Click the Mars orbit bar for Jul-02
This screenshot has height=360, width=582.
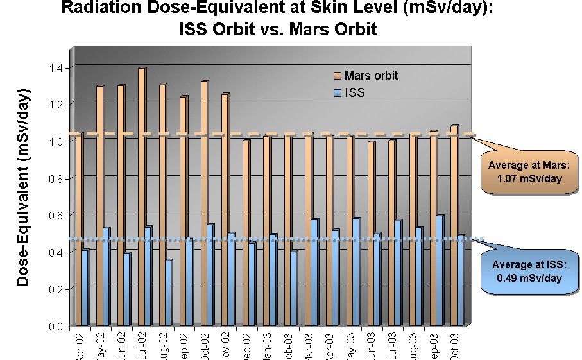pos(141,196)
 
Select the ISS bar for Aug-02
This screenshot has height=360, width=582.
pos(168,292)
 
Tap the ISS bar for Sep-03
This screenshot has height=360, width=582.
pos(439,270)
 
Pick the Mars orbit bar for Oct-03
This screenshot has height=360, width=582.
pos(454,225)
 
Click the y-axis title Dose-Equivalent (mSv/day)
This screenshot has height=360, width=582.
pos(23,193)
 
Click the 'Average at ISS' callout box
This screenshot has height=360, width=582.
pos(526,271)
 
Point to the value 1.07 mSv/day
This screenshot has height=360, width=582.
pos(524,179)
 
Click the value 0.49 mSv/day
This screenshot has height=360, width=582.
pos(526,279)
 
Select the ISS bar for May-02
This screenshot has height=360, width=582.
pos(107,276)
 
